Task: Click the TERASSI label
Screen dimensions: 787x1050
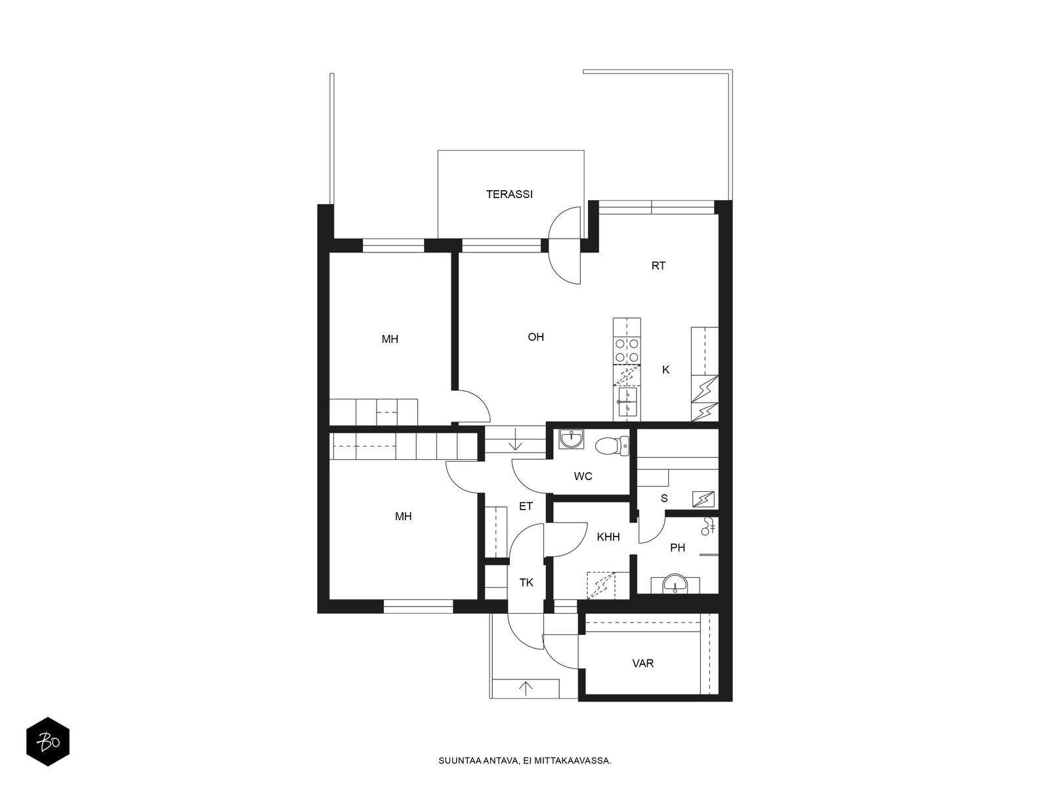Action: click(x=509, y=194)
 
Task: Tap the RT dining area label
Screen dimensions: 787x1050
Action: click(x=658, y=266)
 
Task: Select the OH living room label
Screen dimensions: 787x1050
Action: click(x=536, y=337)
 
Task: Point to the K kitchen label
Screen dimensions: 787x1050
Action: click(x=666, y=370)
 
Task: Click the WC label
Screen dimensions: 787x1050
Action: click(x=583, y=476)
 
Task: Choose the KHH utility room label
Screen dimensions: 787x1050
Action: click(x=608, y=537)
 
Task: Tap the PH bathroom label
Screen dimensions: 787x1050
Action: click(x=678, y=547)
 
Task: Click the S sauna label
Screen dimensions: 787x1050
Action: click(x=664, y=498)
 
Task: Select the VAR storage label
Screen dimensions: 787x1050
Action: click(x=643, y=663)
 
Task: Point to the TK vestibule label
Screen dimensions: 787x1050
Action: click(x=526, y=582)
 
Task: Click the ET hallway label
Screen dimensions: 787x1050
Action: click(x=526, y=506)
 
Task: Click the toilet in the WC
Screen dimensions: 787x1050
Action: click(x=611, y=447)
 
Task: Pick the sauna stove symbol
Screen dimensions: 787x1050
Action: click(x=703, y=499)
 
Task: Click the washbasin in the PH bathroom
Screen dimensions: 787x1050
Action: click(x=674, y=583)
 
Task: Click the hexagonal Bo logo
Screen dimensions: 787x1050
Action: click(x=47, y=743)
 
